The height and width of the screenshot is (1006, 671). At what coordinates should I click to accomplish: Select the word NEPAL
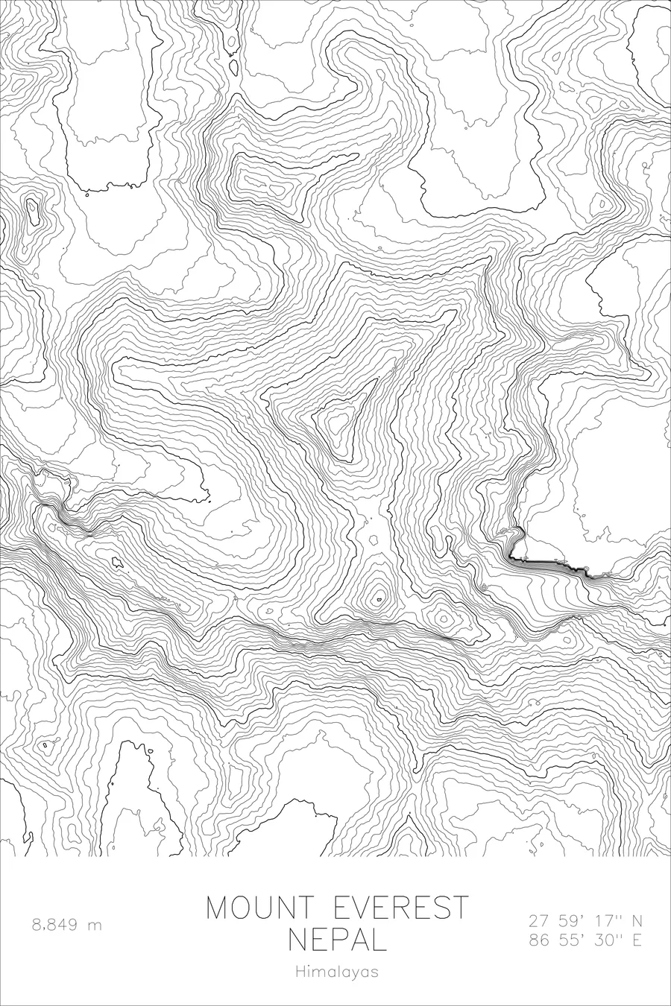[338, 940]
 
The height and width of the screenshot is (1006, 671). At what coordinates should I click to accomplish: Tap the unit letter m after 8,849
[95, 926]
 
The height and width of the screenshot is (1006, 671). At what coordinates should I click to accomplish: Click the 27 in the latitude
[538, 921]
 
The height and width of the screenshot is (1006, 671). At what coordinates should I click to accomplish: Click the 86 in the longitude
[538, 940]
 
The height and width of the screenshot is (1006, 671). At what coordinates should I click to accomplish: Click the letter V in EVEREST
[362, 908]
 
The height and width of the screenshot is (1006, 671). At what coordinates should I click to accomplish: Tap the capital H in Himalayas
[300, 972]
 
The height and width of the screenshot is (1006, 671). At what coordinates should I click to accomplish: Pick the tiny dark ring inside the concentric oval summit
[378, 598]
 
